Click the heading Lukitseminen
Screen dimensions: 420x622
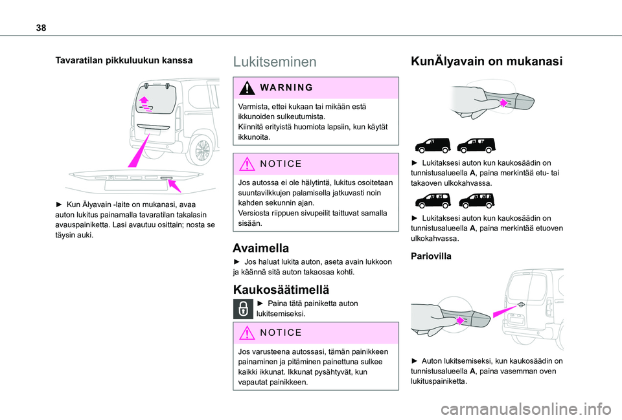[x=275, y=61]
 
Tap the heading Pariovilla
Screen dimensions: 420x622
[x=430, y=256]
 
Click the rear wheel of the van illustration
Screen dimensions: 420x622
[x=202, y=151]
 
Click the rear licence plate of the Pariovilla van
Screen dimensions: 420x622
[x=517, y=320]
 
